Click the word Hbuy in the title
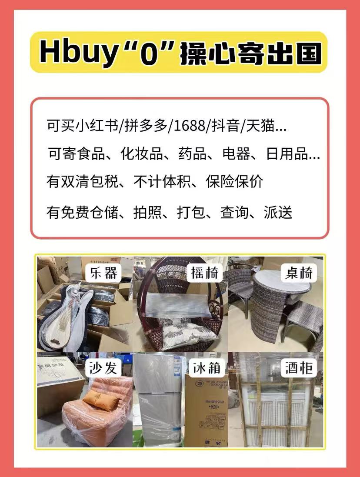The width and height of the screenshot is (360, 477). coord(72,53)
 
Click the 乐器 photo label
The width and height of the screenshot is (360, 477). coord(104,273)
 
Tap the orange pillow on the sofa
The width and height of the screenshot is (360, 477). coord(100,400)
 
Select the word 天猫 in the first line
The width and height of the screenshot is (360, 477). coord(261,127)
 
